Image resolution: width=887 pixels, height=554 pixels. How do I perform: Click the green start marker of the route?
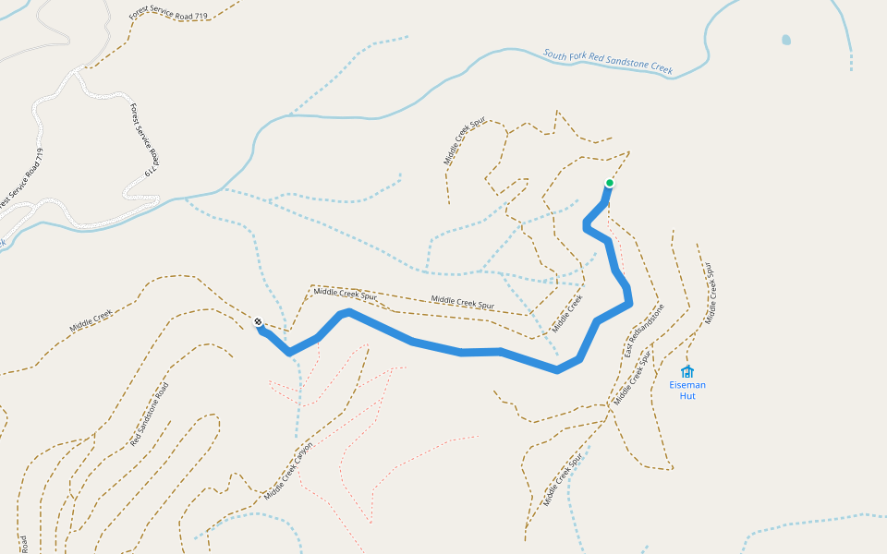click(x=610, y=183)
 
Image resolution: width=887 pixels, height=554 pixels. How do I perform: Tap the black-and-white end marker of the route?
click(x=258, y=322)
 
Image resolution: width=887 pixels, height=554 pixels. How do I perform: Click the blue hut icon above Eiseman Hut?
click(x=687, y=371)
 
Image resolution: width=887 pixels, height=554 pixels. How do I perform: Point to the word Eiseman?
click(x=687, y=385)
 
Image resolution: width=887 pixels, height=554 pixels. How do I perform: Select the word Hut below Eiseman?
click(x=687, y=396)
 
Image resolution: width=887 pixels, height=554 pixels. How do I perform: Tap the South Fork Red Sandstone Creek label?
click(x=608, y=62)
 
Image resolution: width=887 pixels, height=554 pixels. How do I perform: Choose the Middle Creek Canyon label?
click(x=288, y=471)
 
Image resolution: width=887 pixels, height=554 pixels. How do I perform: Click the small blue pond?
click(x=785, y=40)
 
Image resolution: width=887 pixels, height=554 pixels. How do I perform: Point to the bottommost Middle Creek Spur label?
click(x=565, y=480)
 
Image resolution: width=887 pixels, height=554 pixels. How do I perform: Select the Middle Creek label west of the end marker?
click(x=91, y=320)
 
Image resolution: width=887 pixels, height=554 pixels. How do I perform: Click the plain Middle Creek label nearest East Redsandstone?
click(x=568, y=314)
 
